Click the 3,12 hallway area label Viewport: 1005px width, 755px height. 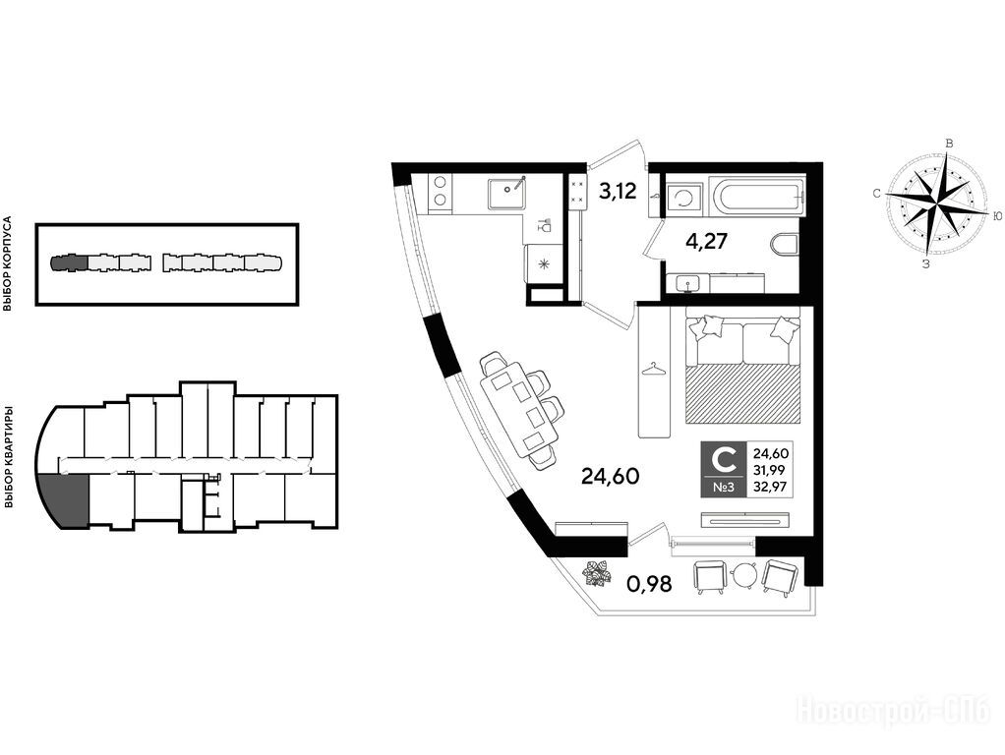point(618,191)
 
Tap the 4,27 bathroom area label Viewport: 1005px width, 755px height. point(706,242)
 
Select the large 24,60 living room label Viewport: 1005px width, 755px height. point(610,476)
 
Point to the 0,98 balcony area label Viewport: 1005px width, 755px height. point(649,584)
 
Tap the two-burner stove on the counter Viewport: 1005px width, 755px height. point(441,191)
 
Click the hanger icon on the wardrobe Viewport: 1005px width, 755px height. point(653,370)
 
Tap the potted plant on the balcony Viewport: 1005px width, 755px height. point(597,573)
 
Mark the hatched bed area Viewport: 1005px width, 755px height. point(743,395)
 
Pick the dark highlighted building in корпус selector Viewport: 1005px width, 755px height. point(69,262)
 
